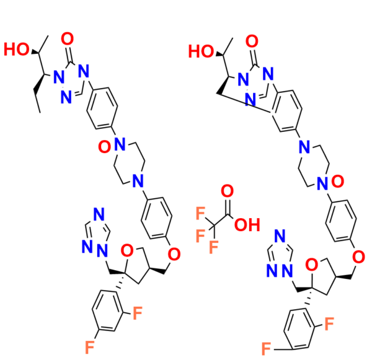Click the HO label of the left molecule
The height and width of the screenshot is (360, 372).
[15, 48]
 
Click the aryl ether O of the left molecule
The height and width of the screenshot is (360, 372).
[174, 253]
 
